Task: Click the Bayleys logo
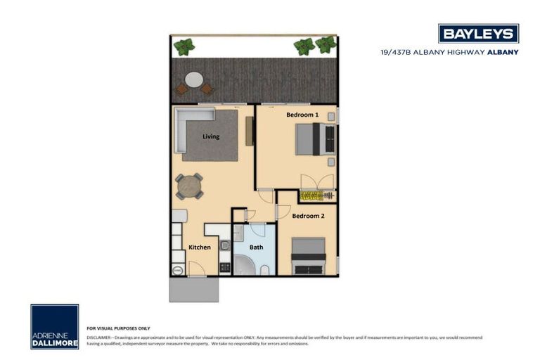click(478, 33)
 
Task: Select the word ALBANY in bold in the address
click(503, 52)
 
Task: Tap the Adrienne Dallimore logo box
click(54, 326)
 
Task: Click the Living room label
click(211, 136)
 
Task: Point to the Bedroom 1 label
click(302, 114)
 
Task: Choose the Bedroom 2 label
click(308, 216)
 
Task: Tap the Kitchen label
click(200, 247)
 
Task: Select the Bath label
click(256, 247)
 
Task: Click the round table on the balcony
click(193, 79)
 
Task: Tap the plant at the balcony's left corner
click(184, 47)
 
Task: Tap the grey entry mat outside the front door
click(194, 289)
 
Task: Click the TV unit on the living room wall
click(249, 131)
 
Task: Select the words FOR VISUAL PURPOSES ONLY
click(118, 328)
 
